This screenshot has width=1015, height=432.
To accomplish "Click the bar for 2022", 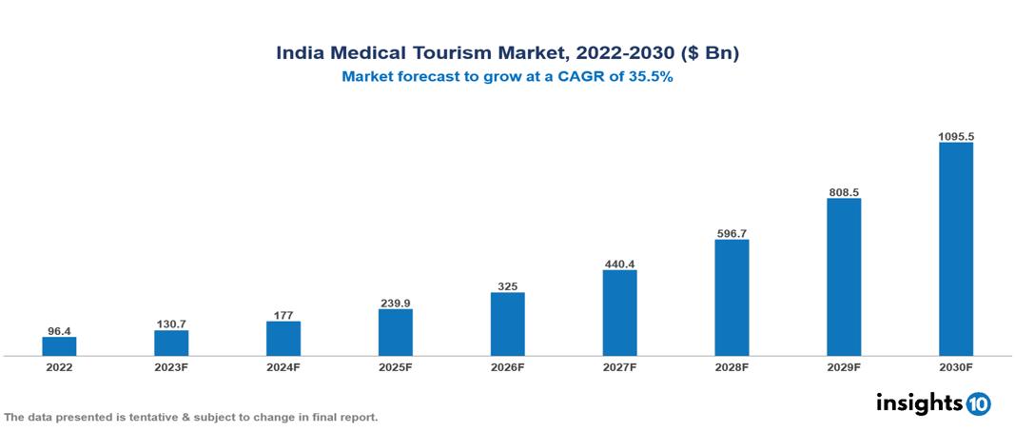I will coord(59,346).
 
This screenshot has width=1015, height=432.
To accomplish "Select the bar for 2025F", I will coord(395,332).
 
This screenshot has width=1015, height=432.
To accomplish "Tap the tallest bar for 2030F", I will coord(955,249).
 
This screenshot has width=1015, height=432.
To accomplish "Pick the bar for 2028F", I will coord(732,298).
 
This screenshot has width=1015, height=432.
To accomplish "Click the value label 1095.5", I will coord(955,136).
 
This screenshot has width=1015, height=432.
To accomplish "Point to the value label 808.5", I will coord(844,191).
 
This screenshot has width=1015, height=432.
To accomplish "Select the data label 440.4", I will coord(619,264).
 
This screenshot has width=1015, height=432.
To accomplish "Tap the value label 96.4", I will coord(59,331).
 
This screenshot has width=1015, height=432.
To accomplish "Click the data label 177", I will coord(283,315).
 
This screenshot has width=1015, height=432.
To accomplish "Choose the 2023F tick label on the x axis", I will coord(171,366).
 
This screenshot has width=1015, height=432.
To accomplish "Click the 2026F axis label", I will coord(507,366).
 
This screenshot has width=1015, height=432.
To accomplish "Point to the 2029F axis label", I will coord(844,366).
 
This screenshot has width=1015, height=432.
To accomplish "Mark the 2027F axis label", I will coord(619,366).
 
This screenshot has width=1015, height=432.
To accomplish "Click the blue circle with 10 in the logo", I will coord(978,403).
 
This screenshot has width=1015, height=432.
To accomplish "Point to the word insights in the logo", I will coord(918,403).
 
